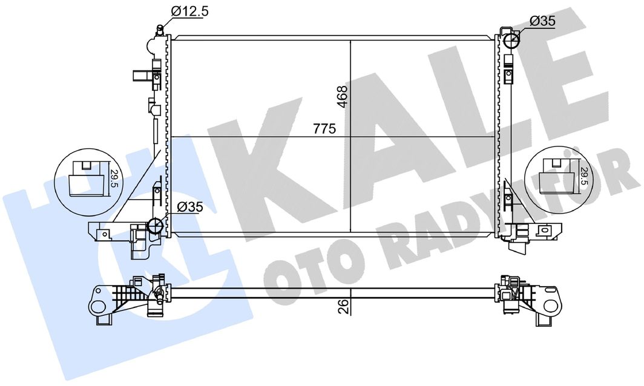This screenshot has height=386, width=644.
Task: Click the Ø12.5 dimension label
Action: point(190,11)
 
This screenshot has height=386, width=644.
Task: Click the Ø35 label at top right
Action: point(542,21)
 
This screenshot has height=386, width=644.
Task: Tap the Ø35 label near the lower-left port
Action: point(190,208)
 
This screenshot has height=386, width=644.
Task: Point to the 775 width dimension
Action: point(324,128)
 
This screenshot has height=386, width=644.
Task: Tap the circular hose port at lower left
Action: point(156,226)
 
